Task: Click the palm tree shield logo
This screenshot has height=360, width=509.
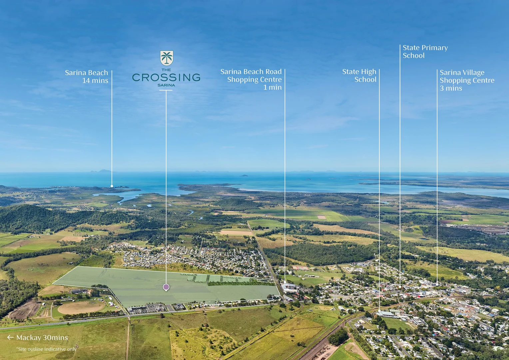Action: pos(167,58)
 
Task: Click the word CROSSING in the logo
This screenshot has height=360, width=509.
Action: pos(166,77)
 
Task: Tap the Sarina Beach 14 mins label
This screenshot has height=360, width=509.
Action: pos(87,76)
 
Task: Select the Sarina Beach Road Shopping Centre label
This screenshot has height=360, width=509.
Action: pos(251,79)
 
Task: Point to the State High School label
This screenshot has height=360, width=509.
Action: pos(359,76)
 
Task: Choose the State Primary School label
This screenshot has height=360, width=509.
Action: pos(425,52)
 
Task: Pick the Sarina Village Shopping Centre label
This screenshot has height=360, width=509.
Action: pos(467,80)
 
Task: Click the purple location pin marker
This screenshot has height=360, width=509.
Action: pos(166,287)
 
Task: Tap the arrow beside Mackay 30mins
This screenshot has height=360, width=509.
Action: pos(10,337)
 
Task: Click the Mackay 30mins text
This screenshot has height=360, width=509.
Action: pos(42,337)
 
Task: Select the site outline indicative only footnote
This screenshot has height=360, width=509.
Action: pos(46,349)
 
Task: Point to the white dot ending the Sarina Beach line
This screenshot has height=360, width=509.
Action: pos(112,186)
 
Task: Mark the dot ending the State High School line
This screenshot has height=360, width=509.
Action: pos(379,311)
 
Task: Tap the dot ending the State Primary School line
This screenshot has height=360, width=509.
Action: pos(400,287)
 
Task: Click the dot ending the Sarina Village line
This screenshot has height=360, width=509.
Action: pos(437,284)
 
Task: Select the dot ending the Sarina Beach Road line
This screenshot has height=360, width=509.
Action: pos(285,282)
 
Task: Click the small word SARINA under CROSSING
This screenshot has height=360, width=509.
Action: pos(166,85)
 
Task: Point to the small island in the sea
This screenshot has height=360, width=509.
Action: pos(244,175)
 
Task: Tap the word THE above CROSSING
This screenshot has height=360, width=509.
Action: pos(166,70)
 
